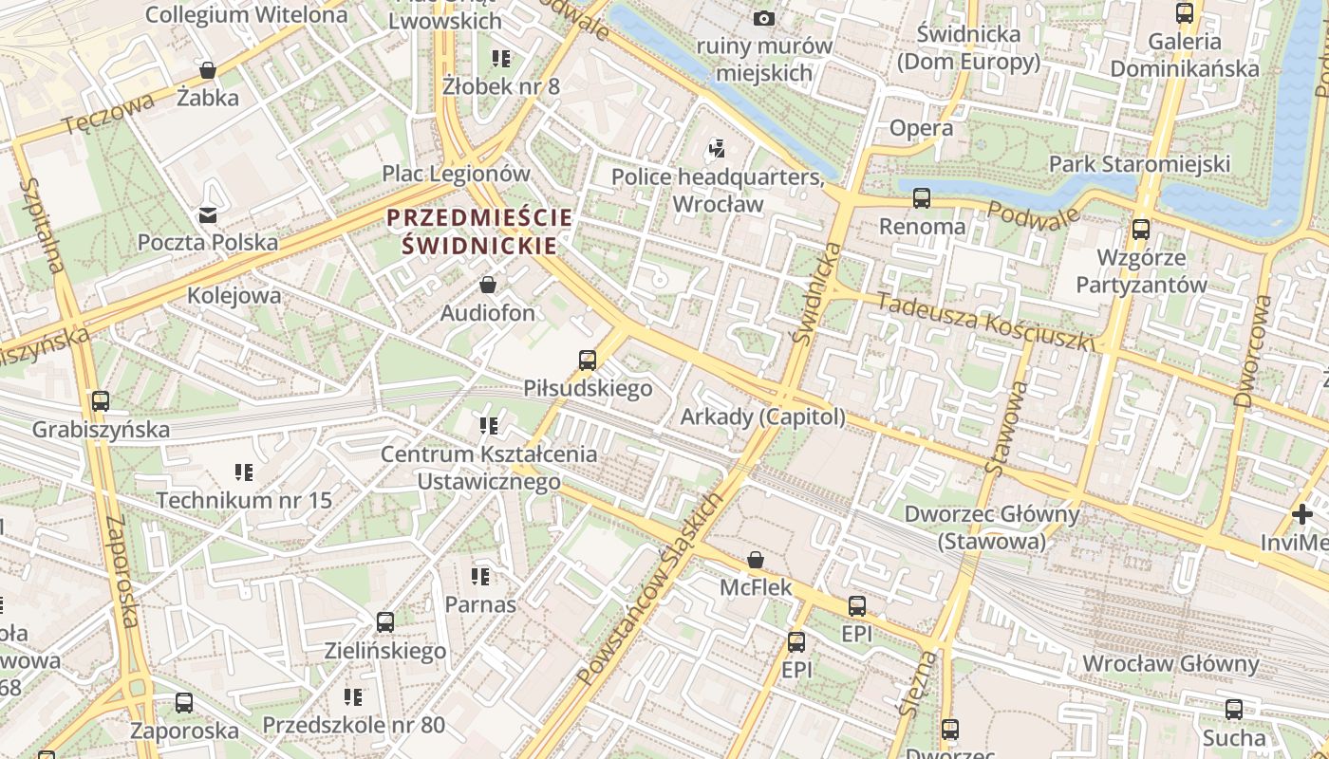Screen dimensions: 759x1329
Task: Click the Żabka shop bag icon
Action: [208, 70]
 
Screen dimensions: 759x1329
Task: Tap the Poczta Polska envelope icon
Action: [207, 215]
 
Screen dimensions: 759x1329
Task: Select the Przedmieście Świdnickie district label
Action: [479, 231]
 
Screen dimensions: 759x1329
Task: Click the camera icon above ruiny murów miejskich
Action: [764, 18]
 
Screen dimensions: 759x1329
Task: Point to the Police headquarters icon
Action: [718, 149]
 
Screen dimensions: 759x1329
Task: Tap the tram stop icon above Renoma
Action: [921, 198]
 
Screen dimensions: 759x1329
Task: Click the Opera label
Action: [921, 128]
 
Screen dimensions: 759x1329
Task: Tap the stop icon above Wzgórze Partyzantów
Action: [1140, 230]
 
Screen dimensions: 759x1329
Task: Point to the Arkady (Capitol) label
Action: [762, 417]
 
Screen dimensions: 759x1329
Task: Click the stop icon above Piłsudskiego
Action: [588, 361]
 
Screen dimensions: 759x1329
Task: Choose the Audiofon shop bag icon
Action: [488, 285]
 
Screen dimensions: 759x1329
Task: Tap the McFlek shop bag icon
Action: [756, 560]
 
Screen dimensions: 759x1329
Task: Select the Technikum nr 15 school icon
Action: [244, 472]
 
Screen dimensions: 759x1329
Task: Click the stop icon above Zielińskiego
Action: [384, 622]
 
